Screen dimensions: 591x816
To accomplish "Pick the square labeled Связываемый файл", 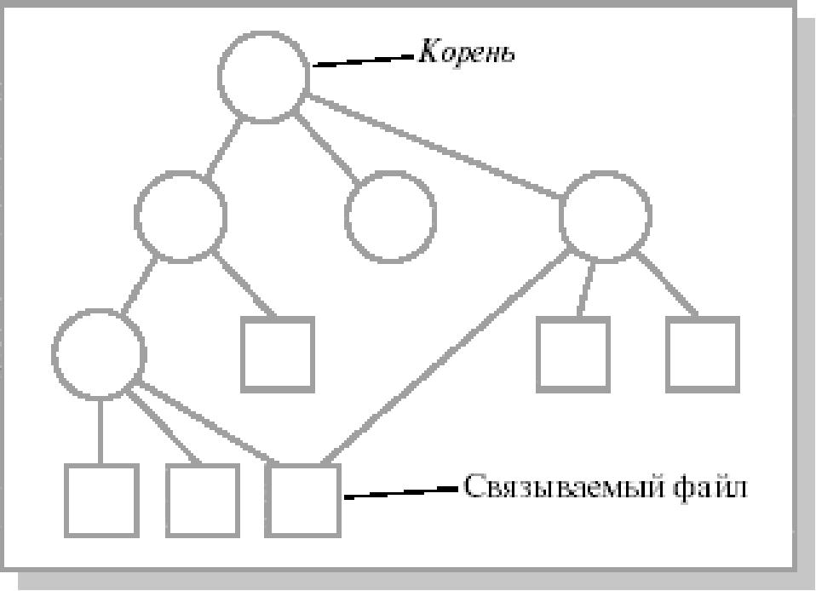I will (304, 498).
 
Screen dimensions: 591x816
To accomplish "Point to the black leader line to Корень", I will (362, 60).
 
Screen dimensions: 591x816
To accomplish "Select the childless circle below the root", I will (391, 216).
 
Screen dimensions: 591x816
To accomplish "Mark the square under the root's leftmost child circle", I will (277, 353).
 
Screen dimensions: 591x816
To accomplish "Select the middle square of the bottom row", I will (202, 498).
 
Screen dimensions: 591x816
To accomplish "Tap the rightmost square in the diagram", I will (702, 353).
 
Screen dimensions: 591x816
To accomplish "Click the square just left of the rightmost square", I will (573, 353).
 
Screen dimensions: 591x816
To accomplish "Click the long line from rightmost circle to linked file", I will (443, 358).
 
